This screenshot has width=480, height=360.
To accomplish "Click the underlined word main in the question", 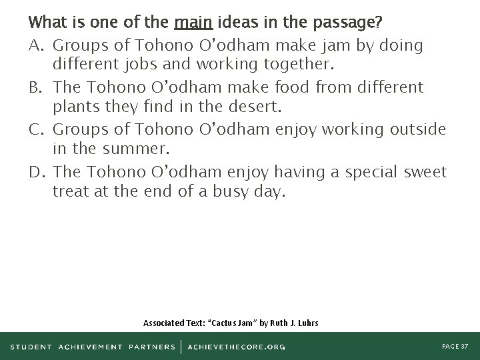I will click(x=193, y=23).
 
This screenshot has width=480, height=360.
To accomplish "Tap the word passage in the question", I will click(x=350, y=23).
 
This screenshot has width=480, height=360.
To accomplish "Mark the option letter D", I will click(x=37, y=172).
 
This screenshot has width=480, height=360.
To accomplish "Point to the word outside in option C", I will click(x=418, y=129).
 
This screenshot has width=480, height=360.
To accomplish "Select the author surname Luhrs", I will click(x=306, y=323).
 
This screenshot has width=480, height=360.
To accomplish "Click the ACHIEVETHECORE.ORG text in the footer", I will click(x=237, y=347).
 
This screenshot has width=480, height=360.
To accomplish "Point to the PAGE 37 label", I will click(x=455, y=347).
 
